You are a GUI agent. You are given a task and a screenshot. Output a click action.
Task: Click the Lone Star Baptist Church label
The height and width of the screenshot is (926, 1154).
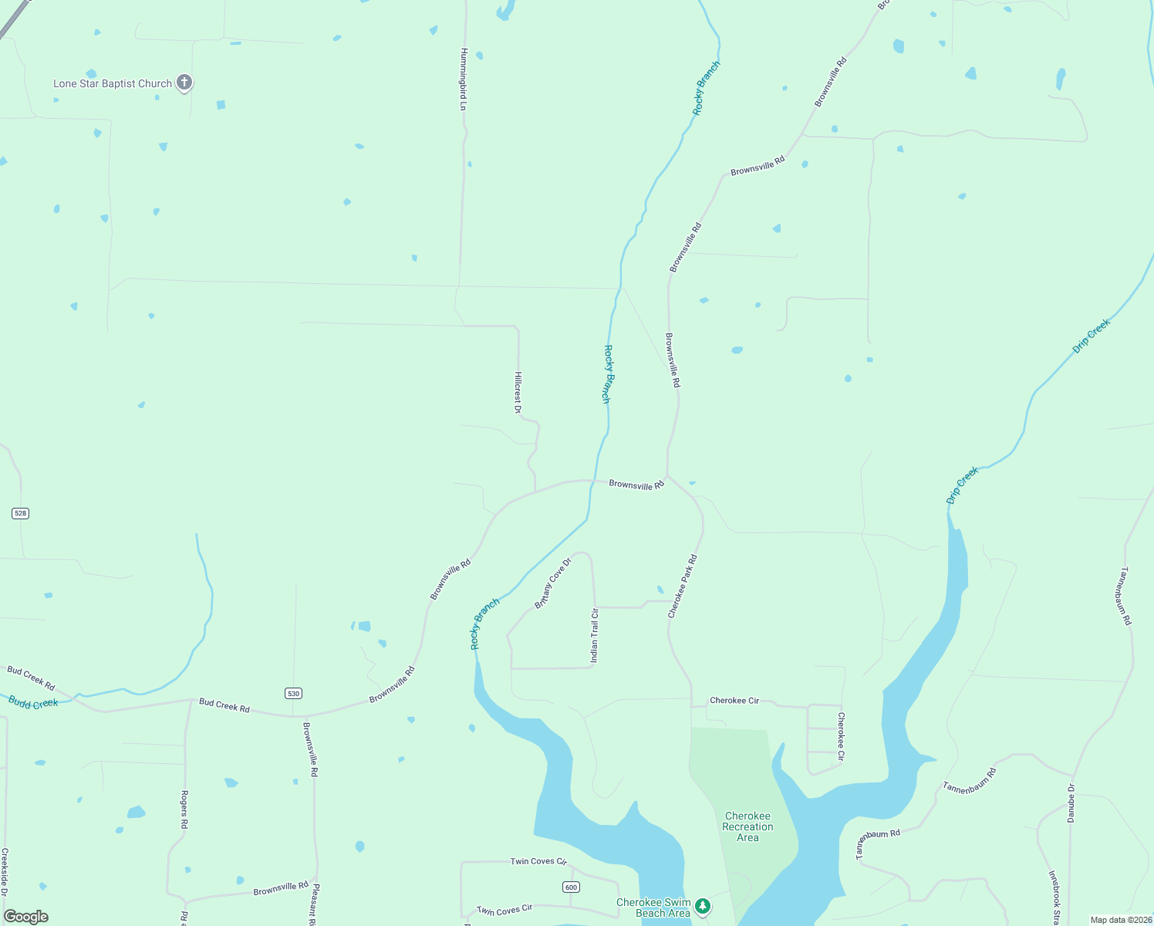(x=113, y=83)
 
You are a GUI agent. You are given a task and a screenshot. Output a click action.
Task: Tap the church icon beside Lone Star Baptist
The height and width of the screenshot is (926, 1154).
(x=184, y=82)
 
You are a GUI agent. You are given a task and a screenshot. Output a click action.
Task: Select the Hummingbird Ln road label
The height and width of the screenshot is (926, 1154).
(x=464, y=79)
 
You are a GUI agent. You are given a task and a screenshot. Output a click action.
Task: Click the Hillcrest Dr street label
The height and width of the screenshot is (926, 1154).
(x=518, y=392)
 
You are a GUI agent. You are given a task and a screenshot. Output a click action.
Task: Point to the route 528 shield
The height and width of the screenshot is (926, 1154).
(x=20, y=513)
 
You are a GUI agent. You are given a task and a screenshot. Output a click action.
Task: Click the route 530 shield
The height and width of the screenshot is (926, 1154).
(x=293, y=693)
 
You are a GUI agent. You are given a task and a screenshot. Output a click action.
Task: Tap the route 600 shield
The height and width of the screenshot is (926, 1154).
(x=571, y=887)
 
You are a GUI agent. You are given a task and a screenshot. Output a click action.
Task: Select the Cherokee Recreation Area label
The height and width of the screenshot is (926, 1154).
(x=747, y=826)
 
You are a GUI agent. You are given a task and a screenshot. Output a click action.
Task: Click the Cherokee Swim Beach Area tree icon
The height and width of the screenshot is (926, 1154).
(x=702, y=905)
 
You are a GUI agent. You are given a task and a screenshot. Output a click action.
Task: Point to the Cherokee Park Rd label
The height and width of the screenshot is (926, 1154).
(x=683, y=586)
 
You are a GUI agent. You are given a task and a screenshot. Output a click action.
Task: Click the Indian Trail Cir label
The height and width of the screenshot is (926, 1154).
(x=594, y=636)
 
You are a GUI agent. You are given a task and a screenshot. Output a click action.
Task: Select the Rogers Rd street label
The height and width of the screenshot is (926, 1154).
(x=184, y=809)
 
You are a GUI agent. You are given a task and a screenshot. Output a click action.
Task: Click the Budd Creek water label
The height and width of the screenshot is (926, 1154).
(x=33, y=702)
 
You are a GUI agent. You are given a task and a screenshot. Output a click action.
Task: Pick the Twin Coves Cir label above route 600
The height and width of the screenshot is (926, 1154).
(x=538, y=861)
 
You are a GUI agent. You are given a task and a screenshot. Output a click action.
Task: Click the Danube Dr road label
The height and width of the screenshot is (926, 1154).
(x=1071, y=803)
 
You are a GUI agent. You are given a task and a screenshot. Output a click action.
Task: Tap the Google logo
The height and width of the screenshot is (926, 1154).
(x=26, y=916)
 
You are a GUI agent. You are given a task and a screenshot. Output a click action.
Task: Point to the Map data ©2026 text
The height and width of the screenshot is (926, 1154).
(x=1121, y=920)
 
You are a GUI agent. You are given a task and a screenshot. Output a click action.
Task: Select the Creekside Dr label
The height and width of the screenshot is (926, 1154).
(x=5, y=872)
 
